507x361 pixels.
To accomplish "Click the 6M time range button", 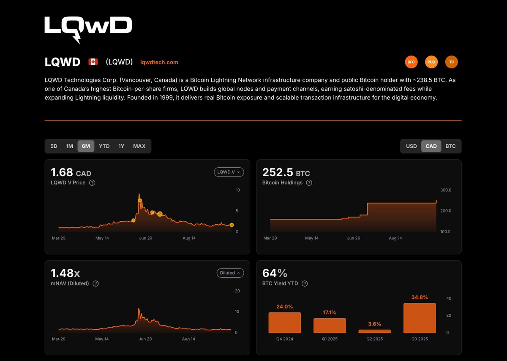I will tap(86, 146).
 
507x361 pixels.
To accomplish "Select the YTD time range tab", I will tap(104, 146).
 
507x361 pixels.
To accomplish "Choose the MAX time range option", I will tap(139, 146).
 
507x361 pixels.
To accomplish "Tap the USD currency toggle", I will tap(411, 146).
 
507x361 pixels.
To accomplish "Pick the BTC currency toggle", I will tap(450, 146).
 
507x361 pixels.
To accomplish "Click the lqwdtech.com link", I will tap(159, 62).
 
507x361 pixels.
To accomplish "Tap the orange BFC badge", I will tap(411, 62).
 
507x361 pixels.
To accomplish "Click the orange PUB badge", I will tap(431, 62).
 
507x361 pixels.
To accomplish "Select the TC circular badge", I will tap(451, 62).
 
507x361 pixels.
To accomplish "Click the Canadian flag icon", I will tap(93, 62).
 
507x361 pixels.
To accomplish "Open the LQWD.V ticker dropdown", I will tap(229, 172).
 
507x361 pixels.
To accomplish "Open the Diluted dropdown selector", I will tap(230, 273).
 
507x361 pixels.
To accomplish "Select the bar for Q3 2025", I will tap(419, 318).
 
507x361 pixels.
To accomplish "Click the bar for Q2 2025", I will tap(374, 331).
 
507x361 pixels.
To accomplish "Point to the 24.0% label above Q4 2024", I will tap(284, 307).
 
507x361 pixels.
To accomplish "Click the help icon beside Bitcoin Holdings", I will tap(309, 183).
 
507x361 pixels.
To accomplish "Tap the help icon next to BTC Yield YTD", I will tap(305, 284).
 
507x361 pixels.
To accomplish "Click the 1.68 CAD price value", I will tap(71, 173).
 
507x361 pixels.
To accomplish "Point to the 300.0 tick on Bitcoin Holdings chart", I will tap(446, 190).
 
